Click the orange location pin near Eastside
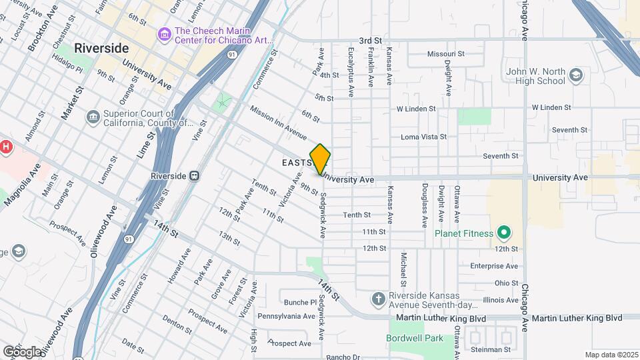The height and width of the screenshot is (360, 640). coord(321,159)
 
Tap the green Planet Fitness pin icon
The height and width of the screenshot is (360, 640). coord(505,233)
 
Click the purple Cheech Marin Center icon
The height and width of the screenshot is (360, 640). coord(164,33)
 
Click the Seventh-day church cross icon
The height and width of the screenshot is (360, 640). coord(379,299)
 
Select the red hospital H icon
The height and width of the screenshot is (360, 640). coord(6,147)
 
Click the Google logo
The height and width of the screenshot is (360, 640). coord(22,351)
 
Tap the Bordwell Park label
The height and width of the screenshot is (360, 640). coord(415,338)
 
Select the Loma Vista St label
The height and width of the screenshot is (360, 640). coord(423,137)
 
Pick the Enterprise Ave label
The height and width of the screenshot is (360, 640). coord(494,265)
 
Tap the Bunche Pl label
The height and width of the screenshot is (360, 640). coord(299,302)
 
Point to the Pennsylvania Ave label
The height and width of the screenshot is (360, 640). coord(286,316)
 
